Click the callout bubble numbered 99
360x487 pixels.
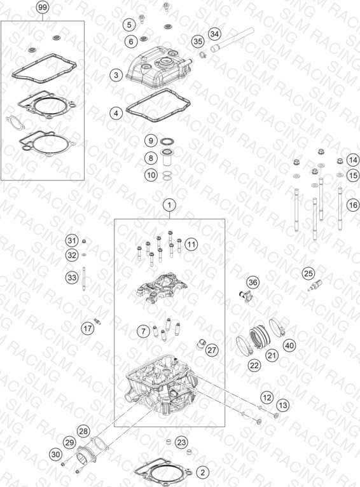point(43,7)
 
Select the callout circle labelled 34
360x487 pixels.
point(214,34)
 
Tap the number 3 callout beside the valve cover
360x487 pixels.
point(116,75)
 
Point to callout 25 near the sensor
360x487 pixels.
point(308,273)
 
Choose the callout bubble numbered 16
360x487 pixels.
point(353,205)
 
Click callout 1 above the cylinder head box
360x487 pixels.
point(169,205)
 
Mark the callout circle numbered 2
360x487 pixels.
point(202,473)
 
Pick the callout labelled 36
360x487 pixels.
point(253,282)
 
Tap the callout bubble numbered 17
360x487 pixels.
point(88,328)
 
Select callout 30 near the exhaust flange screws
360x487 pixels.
point(55,455)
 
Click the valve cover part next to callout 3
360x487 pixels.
point(158,67)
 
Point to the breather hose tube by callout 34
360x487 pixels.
point(232,40)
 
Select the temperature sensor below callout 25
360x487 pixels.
point(315,285)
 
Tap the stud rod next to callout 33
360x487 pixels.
point(84,278)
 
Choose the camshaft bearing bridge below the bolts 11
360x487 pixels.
point(162,288)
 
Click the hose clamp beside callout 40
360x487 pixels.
point(277,327)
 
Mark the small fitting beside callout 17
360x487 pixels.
point(97,322)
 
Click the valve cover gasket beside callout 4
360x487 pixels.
point(158,106)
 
